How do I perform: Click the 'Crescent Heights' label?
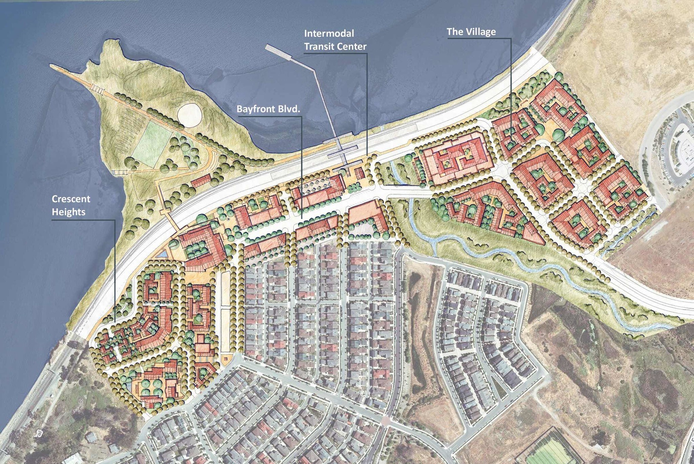point(71,205)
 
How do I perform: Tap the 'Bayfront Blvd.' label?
point(268,109)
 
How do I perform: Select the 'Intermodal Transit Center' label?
point(335,40)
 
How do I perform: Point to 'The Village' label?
point(471,32)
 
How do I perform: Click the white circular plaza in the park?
point(190,115)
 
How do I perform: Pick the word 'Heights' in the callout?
point(68,212)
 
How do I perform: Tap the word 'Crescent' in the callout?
point(71,199)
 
